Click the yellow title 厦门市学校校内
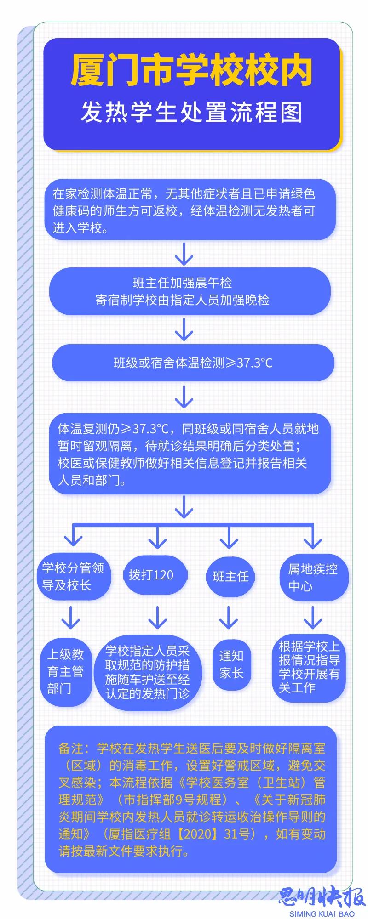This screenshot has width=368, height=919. (x=192, y=71)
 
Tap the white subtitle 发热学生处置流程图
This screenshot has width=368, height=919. (x=192, y=112)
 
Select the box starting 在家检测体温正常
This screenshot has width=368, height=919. (x=190, y=211)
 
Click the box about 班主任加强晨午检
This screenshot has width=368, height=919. (x=190, y=291)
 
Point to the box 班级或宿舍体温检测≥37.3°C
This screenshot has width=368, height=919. (x=193, y=363)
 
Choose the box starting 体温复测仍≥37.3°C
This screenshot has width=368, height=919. (x=190, y=454)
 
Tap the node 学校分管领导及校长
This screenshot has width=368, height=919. (x=74, y=576)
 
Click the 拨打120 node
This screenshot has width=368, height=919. (x=155, y=575)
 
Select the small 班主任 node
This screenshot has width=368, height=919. (x=230, y=576)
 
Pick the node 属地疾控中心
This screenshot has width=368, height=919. (x=313, y=577)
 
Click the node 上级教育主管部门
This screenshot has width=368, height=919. (x=66, y=671)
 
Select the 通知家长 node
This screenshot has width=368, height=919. (x=231, y=664)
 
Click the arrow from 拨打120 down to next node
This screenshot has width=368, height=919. (x=157, y=617)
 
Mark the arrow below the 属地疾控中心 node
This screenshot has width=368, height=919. (x=313, y=617)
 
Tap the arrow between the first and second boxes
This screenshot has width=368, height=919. (x=184, y=254)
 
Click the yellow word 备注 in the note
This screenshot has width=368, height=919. (x=71, y=749)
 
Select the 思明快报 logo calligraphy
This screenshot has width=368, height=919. (x=321, y=896)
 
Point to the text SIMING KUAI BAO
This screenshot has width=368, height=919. (x=322, y=913)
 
